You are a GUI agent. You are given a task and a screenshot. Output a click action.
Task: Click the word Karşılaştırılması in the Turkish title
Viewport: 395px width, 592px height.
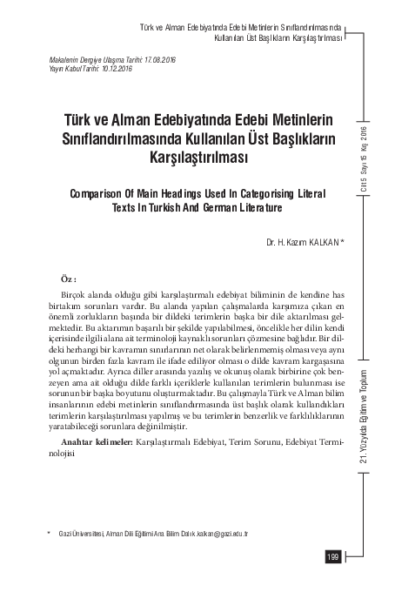pyautogui.click(x=200, y=158)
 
